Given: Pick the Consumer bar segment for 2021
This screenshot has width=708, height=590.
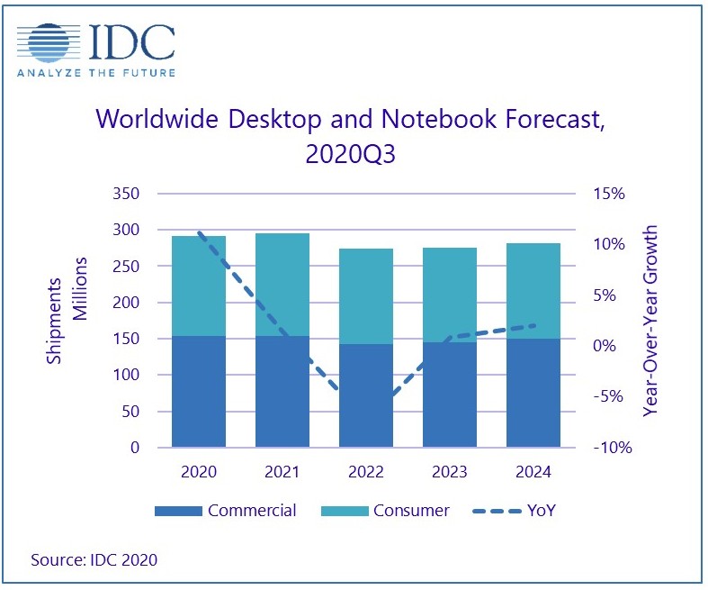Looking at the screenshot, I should click(282, 285).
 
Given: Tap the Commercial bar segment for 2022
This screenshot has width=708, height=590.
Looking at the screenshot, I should click(366, 395).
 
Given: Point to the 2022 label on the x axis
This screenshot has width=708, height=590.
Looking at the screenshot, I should click(366, 472).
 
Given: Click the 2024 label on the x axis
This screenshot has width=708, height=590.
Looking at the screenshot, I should click(533, 472).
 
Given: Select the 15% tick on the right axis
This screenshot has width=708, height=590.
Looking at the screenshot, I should click(609, 195).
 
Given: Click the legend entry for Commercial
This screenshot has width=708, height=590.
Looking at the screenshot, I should click(225, 511).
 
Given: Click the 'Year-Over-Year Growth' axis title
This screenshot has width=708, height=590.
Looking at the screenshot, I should click(650, 321).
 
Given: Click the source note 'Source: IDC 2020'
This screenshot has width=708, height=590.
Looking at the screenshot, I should click(94, 560).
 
